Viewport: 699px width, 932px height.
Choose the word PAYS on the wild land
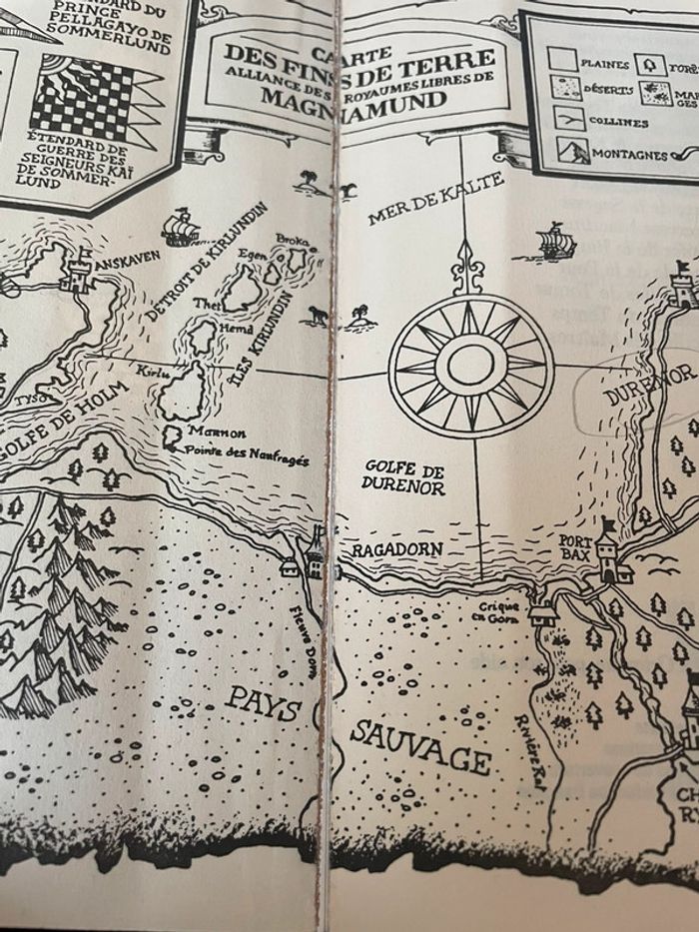(x=262, y=706)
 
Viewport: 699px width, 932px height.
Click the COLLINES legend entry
(x=619, y=122)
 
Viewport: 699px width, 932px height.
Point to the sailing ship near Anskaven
(x=181, y=227)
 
